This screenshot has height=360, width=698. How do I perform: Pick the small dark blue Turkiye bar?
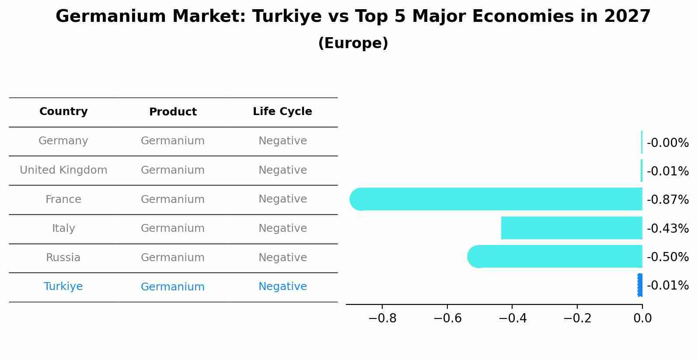(640, 285)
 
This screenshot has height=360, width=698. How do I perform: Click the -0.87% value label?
(667, 200)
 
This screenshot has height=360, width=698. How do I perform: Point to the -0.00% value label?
(667, 143)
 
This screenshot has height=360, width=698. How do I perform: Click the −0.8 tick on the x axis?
(383, 318)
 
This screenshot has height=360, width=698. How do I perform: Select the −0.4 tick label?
(512, 318)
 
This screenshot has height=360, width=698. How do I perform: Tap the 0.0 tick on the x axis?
(642, 318)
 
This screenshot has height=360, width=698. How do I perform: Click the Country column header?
(63, 112)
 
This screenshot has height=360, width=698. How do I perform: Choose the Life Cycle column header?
(283, 112)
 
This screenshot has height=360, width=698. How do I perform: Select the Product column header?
(173, 112)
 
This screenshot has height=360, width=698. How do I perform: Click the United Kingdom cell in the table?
(63, 170)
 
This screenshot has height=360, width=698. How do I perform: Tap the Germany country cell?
(63, 141)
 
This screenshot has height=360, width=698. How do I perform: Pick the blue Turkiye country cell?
(63, 287)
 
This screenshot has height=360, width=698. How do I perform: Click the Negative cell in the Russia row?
(283, 258)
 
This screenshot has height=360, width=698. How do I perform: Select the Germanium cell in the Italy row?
(173, 228)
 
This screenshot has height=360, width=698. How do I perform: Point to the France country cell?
(63, 199)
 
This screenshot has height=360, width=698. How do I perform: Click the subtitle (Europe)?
(353, 43)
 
